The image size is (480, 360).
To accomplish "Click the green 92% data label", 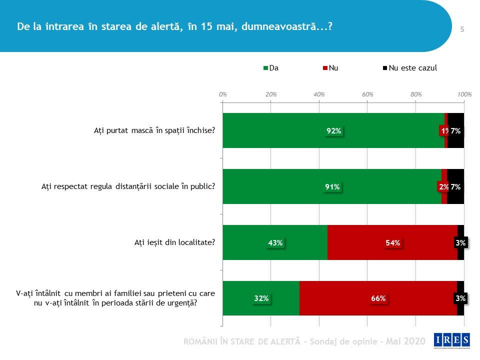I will pos(334,131).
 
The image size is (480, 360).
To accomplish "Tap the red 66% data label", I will pos(378,298).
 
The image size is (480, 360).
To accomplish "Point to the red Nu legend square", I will pos(325,68).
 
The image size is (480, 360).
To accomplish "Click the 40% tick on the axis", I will pos(319,94).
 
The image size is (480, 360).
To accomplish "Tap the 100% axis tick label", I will pos(464,94).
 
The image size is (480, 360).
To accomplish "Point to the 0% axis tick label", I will pos(223,94).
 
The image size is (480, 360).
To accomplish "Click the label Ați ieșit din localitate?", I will pos(174,242).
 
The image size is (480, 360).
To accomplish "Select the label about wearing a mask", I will pos(154,131).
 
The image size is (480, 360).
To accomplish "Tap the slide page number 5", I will pos(462,29).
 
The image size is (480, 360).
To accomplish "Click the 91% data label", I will pos(332,187).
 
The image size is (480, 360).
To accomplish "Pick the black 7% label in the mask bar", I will pos(455,131).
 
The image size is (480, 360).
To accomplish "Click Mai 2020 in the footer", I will pos(406,341).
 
